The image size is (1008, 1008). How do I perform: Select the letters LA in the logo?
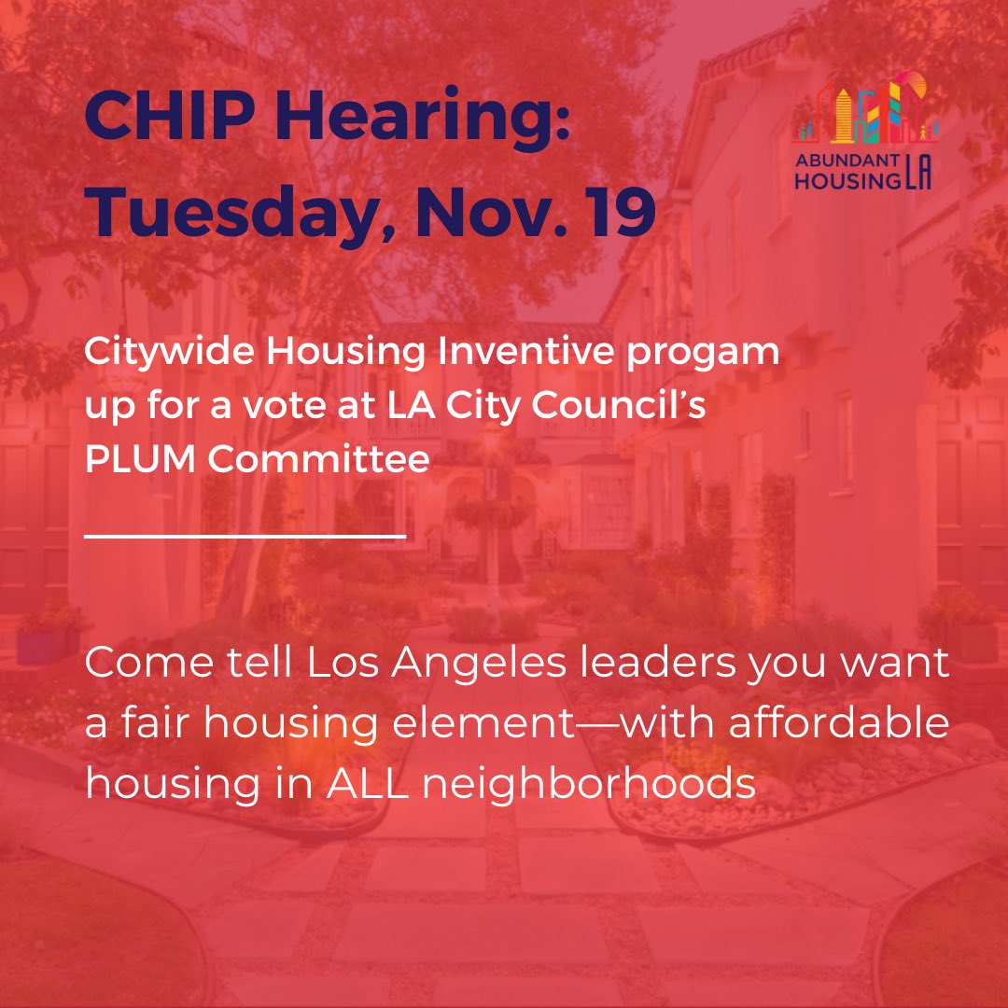(917, 176)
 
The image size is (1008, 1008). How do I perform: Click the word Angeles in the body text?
(439, 666)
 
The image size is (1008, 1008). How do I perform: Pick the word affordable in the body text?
(838, 724)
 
